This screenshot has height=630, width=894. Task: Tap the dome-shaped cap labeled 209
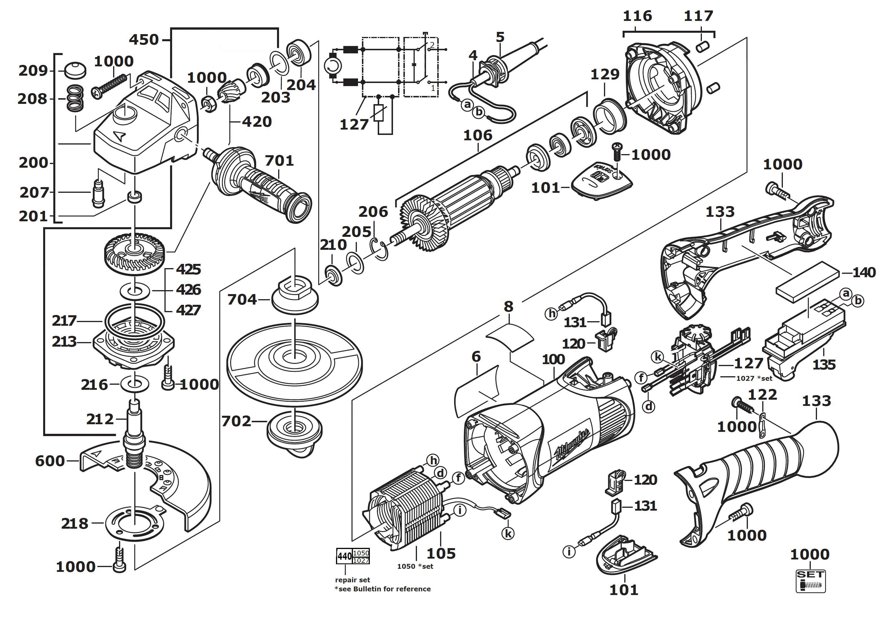click(x=75, y=70)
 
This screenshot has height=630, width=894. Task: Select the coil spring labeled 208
click(x=75, y=98)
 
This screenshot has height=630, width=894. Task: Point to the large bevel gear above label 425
click(x=134, y=253)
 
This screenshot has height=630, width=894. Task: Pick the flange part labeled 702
click(x=294, y=430)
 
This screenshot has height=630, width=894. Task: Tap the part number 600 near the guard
click(x=50, y=461)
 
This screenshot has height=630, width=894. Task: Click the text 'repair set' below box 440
click(x=352, y=580)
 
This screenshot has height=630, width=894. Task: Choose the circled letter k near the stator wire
click(x=508, y=533)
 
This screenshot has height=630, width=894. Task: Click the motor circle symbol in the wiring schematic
click(x=333, y=67)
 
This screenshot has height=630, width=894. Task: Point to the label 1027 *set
click(x=754, y=378)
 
